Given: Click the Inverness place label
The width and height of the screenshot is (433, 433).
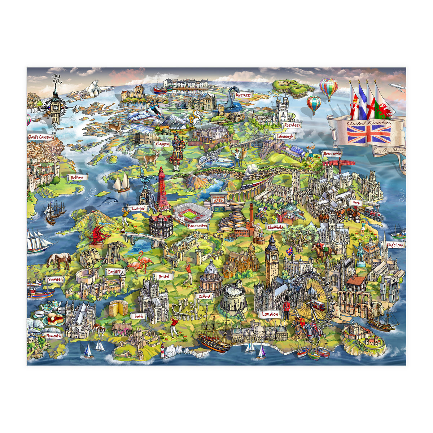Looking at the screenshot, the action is pyautogui.click(x=244, y=95).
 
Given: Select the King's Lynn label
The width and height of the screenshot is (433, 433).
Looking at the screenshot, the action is pyautogui.click(x=395, y=245).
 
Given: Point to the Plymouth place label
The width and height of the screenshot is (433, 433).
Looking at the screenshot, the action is pyautogui.click(x=54, y=336).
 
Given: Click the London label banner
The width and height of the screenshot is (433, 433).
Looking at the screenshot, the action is pyautogui.click(x=270, y=314).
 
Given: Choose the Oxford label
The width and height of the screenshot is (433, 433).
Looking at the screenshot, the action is pyautogui.click(x=204, y=296).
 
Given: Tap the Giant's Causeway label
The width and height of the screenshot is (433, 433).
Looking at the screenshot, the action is pyautogui.click(x=41, y=137).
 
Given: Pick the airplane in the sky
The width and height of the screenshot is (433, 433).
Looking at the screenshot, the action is pyautogui.click(x=397, y=87).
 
